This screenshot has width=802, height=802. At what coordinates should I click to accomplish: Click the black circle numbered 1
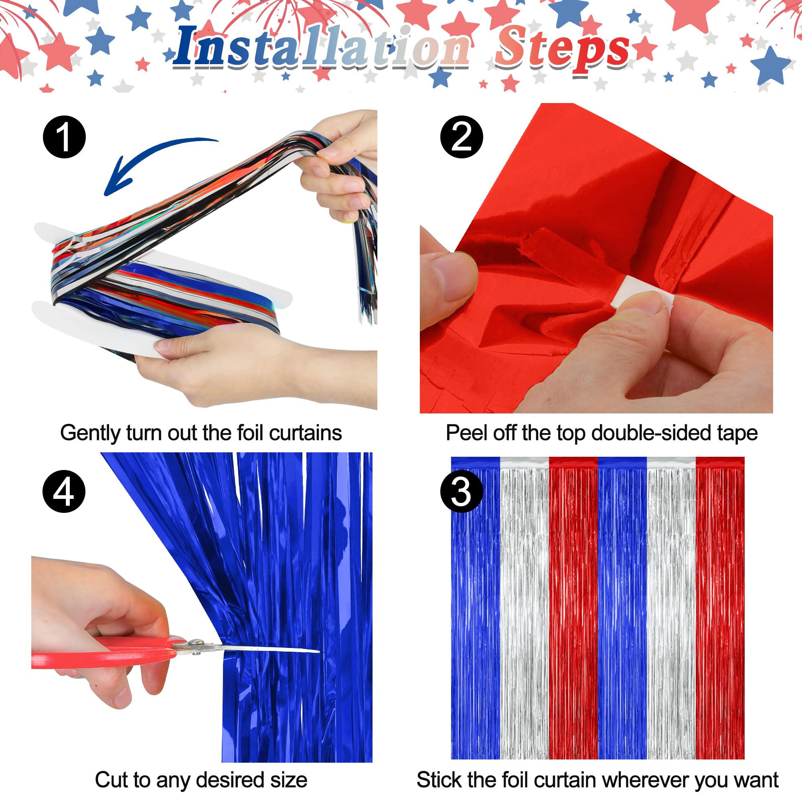pos(64,137)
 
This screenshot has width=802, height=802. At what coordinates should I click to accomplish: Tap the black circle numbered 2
pos(462,137)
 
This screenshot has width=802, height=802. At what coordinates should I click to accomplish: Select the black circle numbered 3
pos(462,492)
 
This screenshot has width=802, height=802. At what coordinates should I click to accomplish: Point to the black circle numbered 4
pos(64,492)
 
